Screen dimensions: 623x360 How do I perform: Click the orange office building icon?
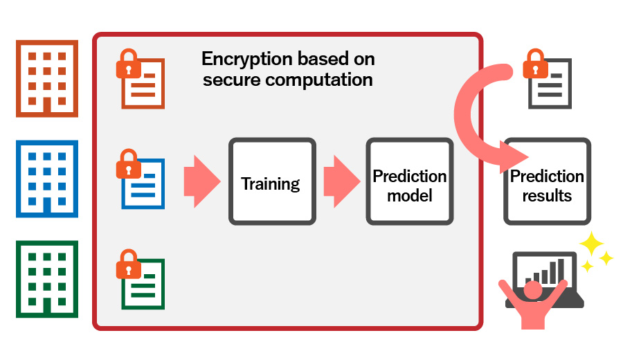tap(47, 79)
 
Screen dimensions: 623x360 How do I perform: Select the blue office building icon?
tap(47, 179)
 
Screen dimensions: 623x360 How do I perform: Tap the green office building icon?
tap(47, 279)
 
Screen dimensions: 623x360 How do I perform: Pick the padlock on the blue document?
tap(128, 164)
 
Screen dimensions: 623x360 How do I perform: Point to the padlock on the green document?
tap(128, 264)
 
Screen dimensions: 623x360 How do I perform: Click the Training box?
tap(272, 181)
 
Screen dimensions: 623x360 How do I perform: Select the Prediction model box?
tap(410, 181)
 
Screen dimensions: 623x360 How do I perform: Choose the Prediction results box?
tap(547, 181)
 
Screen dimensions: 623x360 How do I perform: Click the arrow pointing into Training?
tap(202, 181)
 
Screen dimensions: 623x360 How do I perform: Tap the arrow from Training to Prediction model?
tap(342, 181)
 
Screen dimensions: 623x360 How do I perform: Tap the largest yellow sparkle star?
tap(592, 244)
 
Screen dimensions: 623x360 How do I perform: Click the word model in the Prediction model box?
tap(410, 195)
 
